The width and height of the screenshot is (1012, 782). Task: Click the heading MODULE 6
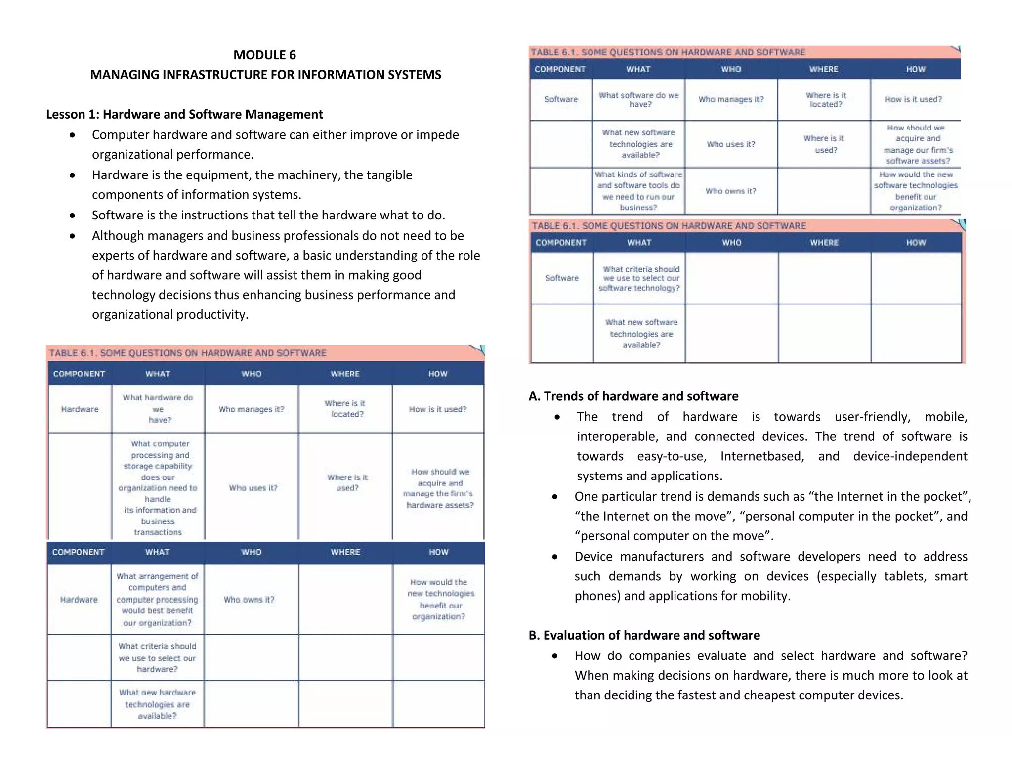coord(264,55)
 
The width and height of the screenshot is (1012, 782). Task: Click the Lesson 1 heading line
coord(184,114)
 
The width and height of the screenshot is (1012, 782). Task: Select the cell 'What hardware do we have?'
coord(158,409)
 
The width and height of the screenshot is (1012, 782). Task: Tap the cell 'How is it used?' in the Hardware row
coord(438,409)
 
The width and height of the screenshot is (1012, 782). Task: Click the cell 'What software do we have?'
coord(639,100)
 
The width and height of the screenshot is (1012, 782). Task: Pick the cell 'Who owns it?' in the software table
coord(731,191)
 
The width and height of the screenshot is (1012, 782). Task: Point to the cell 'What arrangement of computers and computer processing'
coord(157,599)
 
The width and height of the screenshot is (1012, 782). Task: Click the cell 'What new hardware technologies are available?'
coord(157,704)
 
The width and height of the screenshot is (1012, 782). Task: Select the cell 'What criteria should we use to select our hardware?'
coord(157,657)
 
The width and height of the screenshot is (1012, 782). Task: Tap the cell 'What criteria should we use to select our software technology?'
coord(640,278)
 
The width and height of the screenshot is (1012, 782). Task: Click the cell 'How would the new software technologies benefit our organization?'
coord(916,191)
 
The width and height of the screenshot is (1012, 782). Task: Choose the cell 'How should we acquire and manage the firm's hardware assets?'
coord(439,488)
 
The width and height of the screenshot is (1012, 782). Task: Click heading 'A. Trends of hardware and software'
coord(633,396)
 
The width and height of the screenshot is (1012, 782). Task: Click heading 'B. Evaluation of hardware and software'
coord(644,635)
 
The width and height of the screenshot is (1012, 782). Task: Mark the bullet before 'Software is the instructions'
coord(73,216)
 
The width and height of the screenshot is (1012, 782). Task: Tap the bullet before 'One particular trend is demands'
coord(555,497)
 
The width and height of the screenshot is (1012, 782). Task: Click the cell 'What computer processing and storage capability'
coord(158,488)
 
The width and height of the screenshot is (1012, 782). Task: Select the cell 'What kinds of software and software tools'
coord(639,191)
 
